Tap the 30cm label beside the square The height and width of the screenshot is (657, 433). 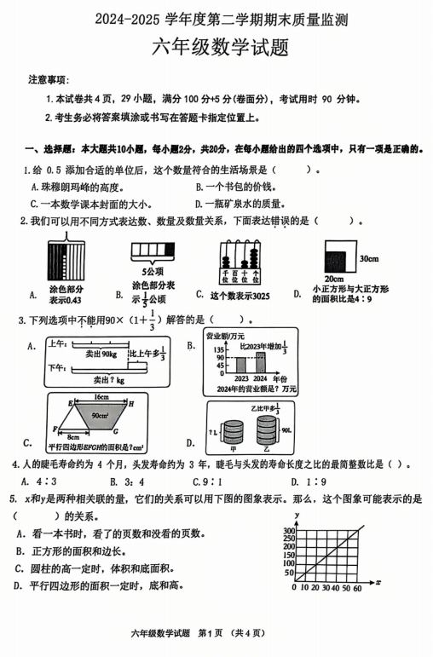[368, 258]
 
